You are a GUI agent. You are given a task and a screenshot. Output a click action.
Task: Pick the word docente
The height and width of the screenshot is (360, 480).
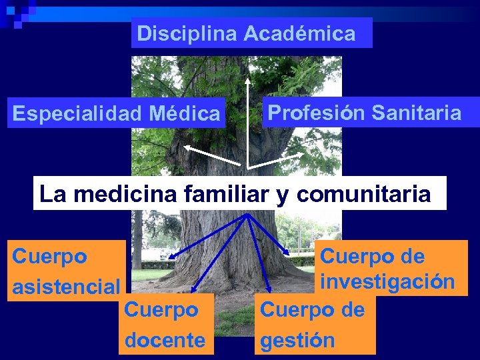click(x=165, y=341)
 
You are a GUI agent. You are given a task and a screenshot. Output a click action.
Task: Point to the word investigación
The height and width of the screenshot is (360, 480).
click(x=387, y=281)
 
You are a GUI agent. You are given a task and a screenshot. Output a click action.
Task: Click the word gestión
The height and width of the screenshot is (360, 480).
click(x=297, y=341)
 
